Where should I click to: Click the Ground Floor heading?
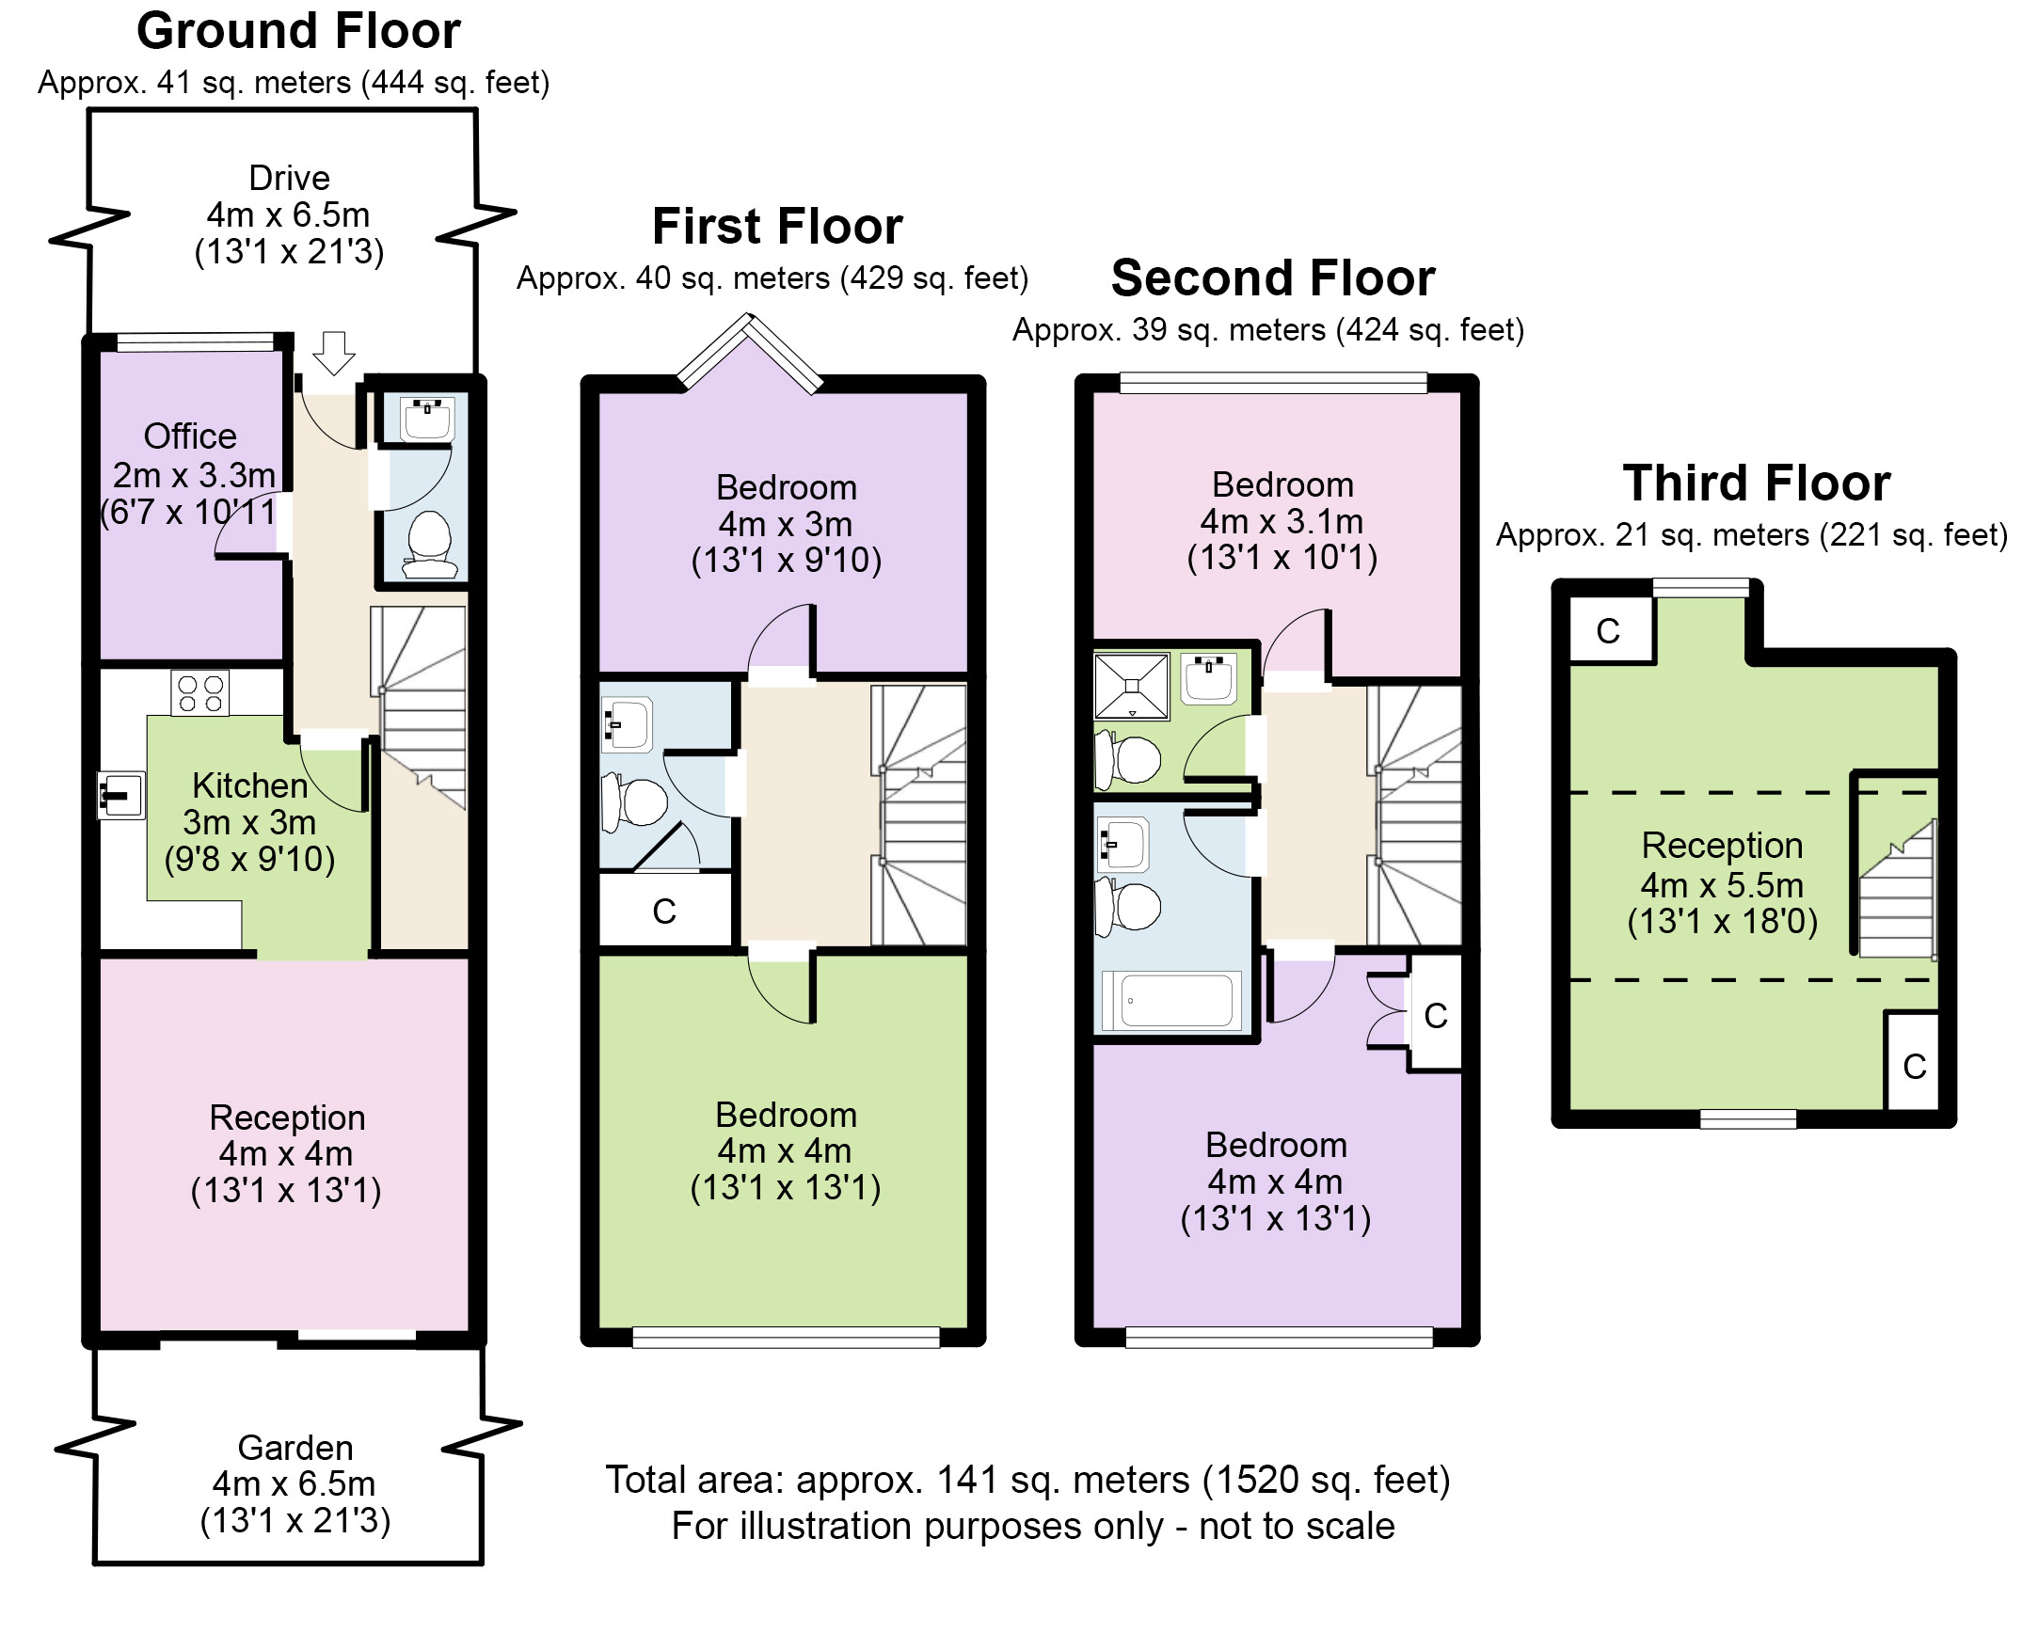pyautogui.click(x=298, y=32)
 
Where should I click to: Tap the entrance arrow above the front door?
pyautogui.click(x=333, y=354)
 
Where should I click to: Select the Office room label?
pyautogui.click(x=190, y=436)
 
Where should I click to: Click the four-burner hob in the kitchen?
pyautogui.click(x=200, y=693)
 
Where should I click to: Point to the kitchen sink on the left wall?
pyautogui.click(x=121, y=796)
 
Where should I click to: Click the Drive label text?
pyautogui.click(x=289, y=178)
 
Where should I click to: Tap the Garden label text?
pyautogui.click(x=295, y=1447)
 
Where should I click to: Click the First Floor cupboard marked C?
pyautogui.click(x=665, y=911)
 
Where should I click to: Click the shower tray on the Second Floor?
pyautogui.click(x=1132, y=687)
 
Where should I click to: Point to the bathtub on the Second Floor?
pyautogui.click(x=1171, y=1000)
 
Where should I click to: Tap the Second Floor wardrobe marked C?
pyautogui.click(x=1435, y=1015)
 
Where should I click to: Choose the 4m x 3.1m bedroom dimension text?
pyautogui.click(x=1282, y=521)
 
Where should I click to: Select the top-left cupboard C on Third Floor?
pyautogui.click(x=1610, y=630)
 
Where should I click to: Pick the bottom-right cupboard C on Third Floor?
pyautogui.click(x=1913, y=1063)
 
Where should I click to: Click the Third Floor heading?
pyautogui.click(x=1757, y=484)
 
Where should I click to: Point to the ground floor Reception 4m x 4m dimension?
pyautogui.click(x=286, y=1153)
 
